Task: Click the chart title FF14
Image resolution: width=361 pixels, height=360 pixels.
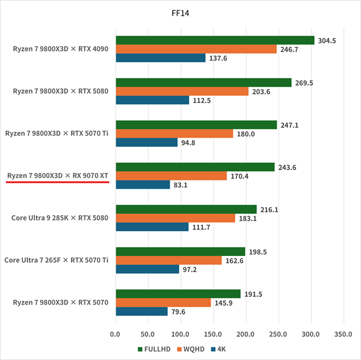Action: (180, 11)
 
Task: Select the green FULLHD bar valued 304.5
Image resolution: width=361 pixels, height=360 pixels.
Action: (215, 40)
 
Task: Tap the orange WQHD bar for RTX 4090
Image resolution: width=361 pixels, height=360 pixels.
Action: (196, 49)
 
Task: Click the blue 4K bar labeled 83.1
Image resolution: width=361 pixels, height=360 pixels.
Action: (143, 185)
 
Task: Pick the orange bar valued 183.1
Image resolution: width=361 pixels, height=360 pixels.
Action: (175, 218)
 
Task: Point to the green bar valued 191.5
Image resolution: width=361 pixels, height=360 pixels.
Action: (178, 294)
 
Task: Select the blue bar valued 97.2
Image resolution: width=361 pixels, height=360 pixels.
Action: (147, 269)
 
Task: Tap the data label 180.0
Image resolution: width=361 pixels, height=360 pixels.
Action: (246, 133)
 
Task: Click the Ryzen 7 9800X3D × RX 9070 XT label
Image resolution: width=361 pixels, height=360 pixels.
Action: (58, 175)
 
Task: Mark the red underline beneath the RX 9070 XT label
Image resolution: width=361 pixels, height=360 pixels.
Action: (58, 183)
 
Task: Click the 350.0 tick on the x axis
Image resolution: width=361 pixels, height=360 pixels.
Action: (344, 333)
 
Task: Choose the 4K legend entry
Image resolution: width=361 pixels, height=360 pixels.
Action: (218, 349)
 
